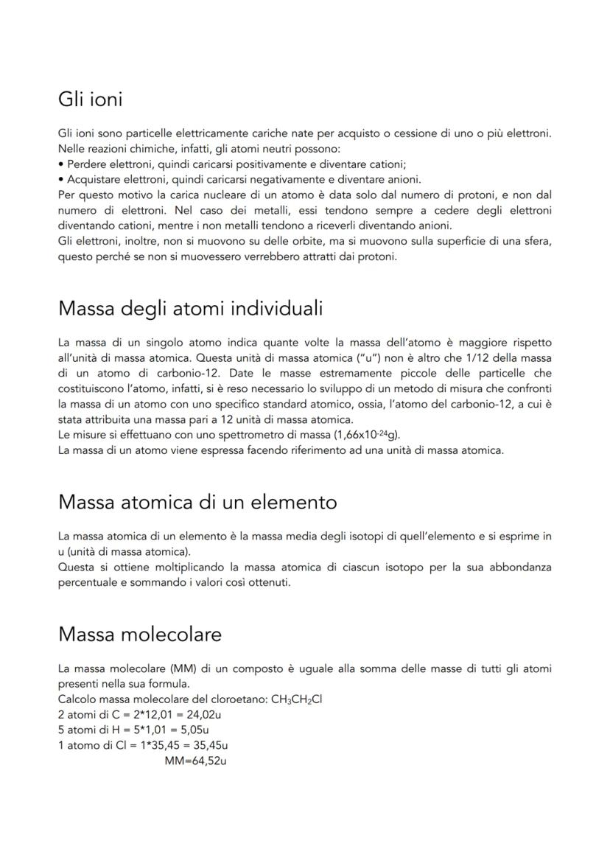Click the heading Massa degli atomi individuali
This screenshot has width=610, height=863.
tap(190, 308)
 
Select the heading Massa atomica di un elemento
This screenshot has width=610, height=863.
tap(197, 502)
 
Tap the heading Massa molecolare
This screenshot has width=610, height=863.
tap(139, 634)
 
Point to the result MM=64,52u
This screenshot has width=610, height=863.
tap(195, 759)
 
